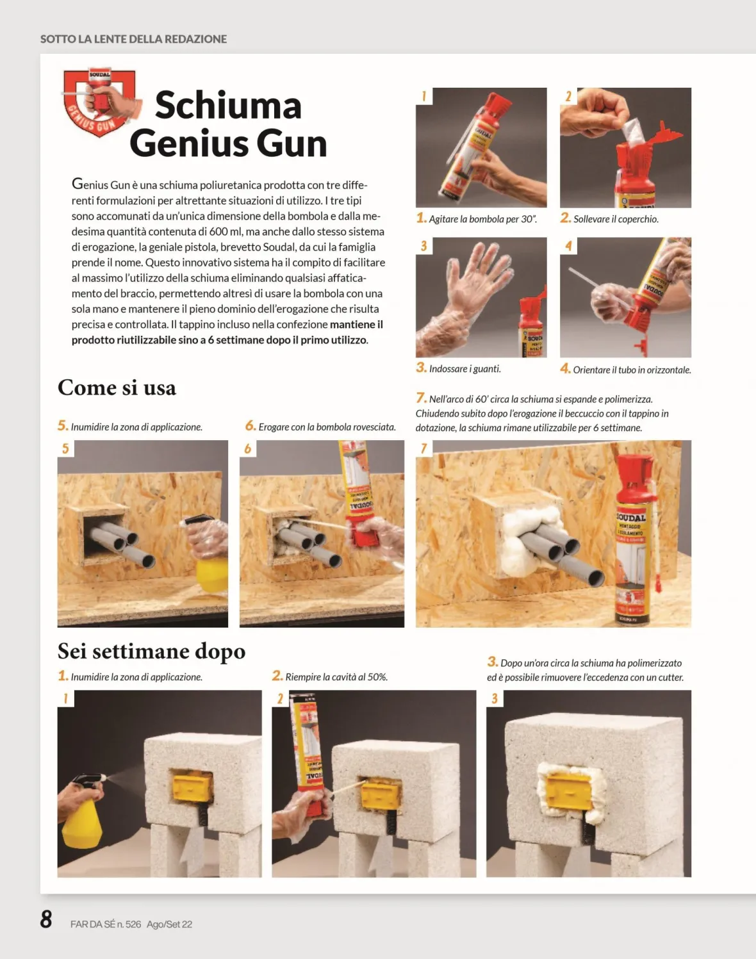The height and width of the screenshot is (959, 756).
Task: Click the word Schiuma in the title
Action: (x=228, y=106)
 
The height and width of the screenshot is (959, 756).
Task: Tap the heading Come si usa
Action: (x=117, y=388)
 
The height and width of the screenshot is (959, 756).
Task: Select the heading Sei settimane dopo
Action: (x=152, y=652)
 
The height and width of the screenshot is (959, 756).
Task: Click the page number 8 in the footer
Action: (x=46, y=919)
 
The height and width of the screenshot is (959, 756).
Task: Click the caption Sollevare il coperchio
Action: (x=609, y=218)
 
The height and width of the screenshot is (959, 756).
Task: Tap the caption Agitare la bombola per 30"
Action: (x=477, y=218)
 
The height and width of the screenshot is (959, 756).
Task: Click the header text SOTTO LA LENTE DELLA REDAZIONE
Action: (x=134, y=39)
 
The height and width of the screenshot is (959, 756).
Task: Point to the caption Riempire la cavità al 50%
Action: (x=330, y=676)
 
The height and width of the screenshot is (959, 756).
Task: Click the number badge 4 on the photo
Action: (x=568, y=245)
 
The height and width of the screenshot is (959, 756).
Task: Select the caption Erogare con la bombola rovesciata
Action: (x=320, y=427)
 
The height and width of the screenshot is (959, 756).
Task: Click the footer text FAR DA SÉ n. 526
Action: (x=106, y=924)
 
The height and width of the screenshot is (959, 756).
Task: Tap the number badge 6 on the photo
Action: (x=248, y=448)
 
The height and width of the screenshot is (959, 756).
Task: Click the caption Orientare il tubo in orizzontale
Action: (x=626, y=369)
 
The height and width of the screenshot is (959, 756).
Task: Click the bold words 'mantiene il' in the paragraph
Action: (x=356, y=324)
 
